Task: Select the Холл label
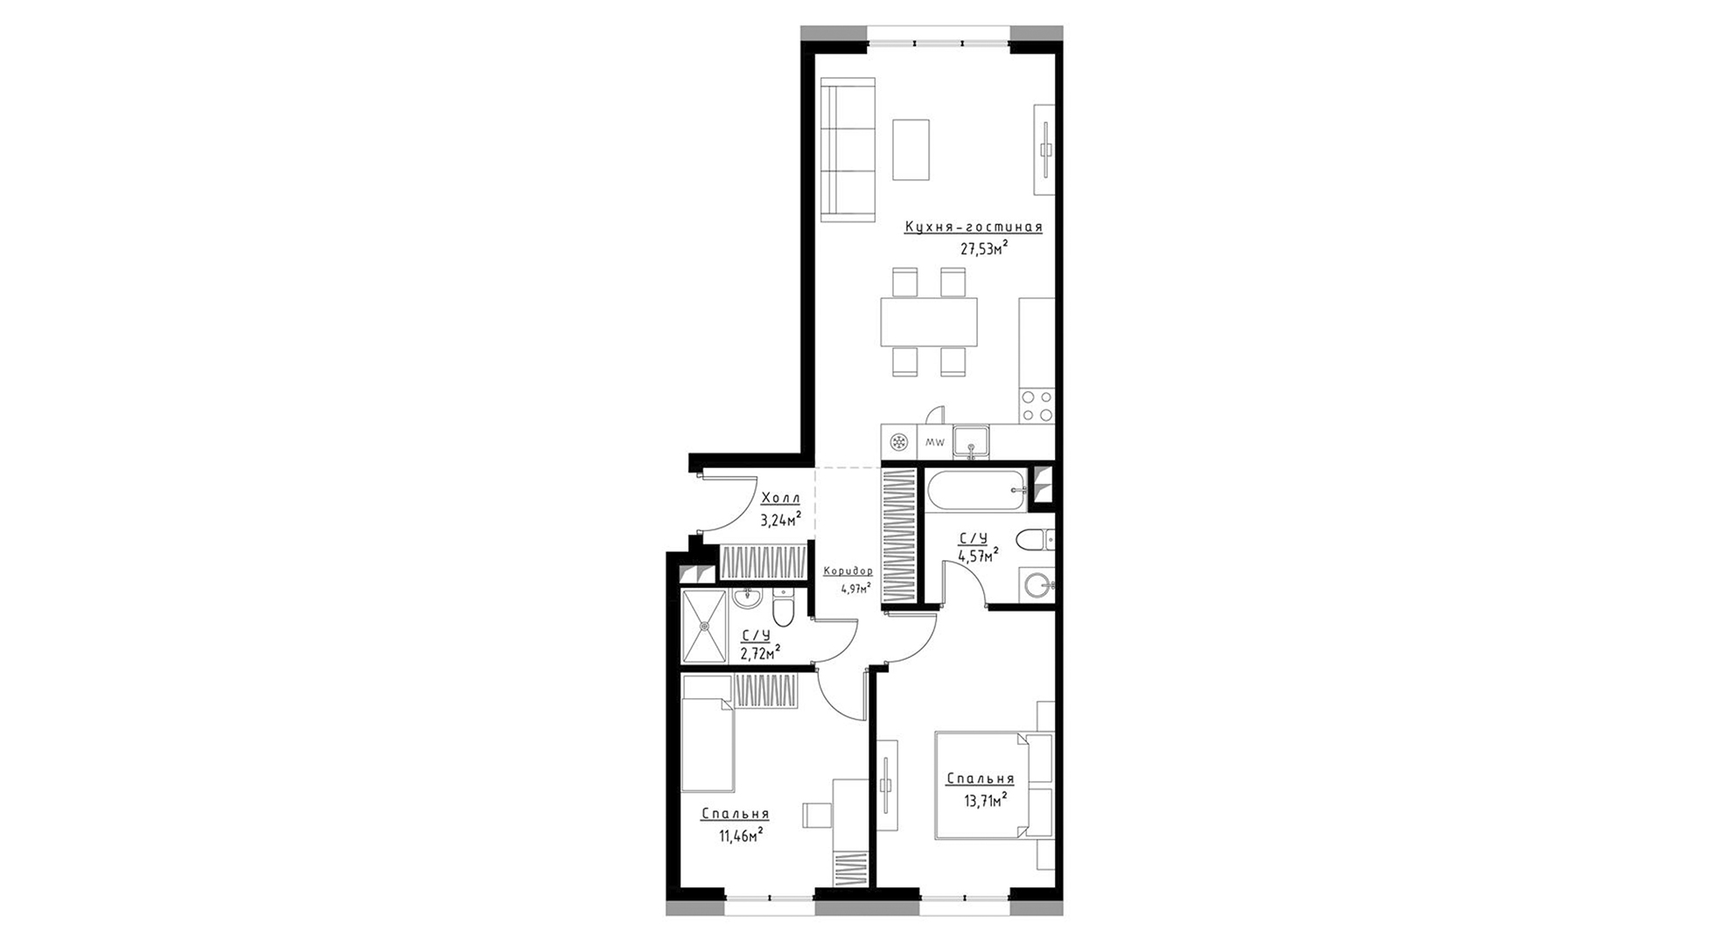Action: pos(781,499)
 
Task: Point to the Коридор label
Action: pos(848,571)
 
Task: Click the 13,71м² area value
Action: pos(982,799)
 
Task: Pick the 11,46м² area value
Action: pos(740,835)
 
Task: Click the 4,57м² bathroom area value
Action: pos(978,556)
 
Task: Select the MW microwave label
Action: pos(934,443)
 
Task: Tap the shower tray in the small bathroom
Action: pos(705,626)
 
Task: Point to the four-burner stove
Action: pos(1037,405)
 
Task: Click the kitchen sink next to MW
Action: pos(971,442)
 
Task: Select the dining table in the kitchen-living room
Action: pos(929,322)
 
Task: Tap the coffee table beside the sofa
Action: pos(911,150)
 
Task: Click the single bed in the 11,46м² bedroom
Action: pos(708,733)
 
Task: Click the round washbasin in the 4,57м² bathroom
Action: pos(1038,585)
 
